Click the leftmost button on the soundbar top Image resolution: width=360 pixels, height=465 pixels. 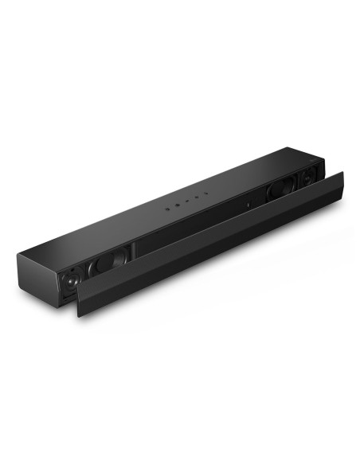point(168,208)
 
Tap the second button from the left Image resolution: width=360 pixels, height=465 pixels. point(178,205)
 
